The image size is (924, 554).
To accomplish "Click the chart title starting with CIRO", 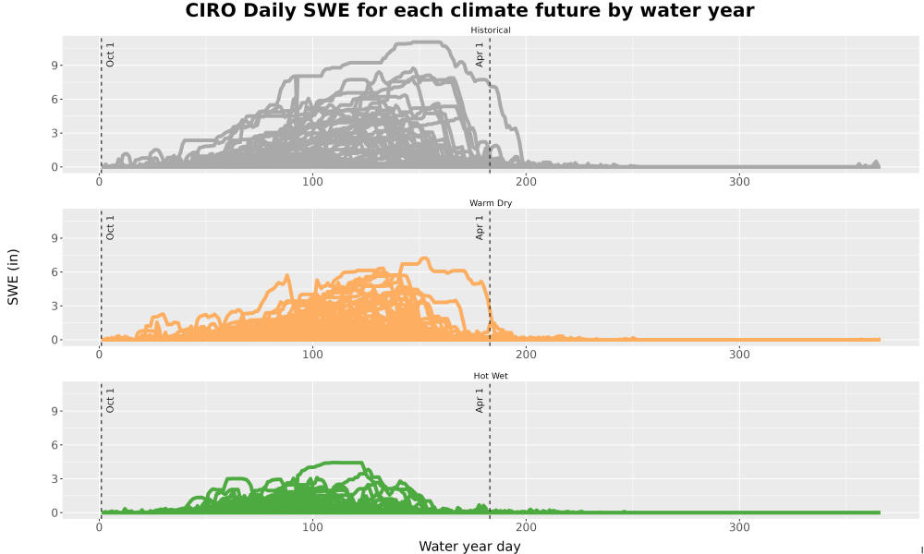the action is click(469, 10).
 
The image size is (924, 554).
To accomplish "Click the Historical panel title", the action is click(491, 30).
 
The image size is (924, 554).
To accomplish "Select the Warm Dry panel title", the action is click(491, 203).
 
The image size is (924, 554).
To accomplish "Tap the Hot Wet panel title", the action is click(491, 376).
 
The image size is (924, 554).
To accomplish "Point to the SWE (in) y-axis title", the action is click(13, 277).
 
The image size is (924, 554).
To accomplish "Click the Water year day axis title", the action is click(469, 547).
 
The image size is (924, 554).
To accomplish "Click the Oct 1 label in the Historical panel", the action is click(110, 54).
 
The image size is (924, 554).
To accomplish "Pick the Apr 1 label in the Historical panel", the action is click(480, 54).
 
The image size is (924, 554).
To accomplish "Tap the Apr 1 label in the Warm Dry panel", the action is click(480, 228).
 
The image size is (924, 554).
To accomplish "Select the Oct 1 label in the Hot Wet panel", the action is click(110, 401).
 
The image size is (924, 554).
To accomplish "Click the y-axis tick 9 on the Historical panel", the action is click(55, 66).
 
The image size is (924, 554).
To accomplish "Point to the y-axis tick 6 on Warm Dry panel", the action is click(55, 272).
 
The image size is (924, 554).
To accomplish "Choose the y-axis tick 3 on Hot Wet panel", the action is click(55, 478).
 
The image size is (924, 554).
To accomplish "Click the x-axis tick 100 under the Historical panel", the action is click(312, 182).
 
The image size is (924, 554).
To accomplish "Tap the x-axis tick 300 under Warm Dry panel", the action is click(739, 355).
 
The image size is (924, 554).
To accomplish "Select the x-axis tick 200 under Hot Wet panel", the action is click(527, 527).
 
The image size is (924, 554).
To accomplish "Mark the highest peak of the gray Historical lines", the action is click(419, 42).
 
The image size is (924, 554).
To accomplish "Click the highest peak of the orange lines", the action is click(424, 258).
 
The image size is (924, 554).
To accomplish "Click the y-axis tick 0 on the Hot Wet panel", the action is click(55, 512).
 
